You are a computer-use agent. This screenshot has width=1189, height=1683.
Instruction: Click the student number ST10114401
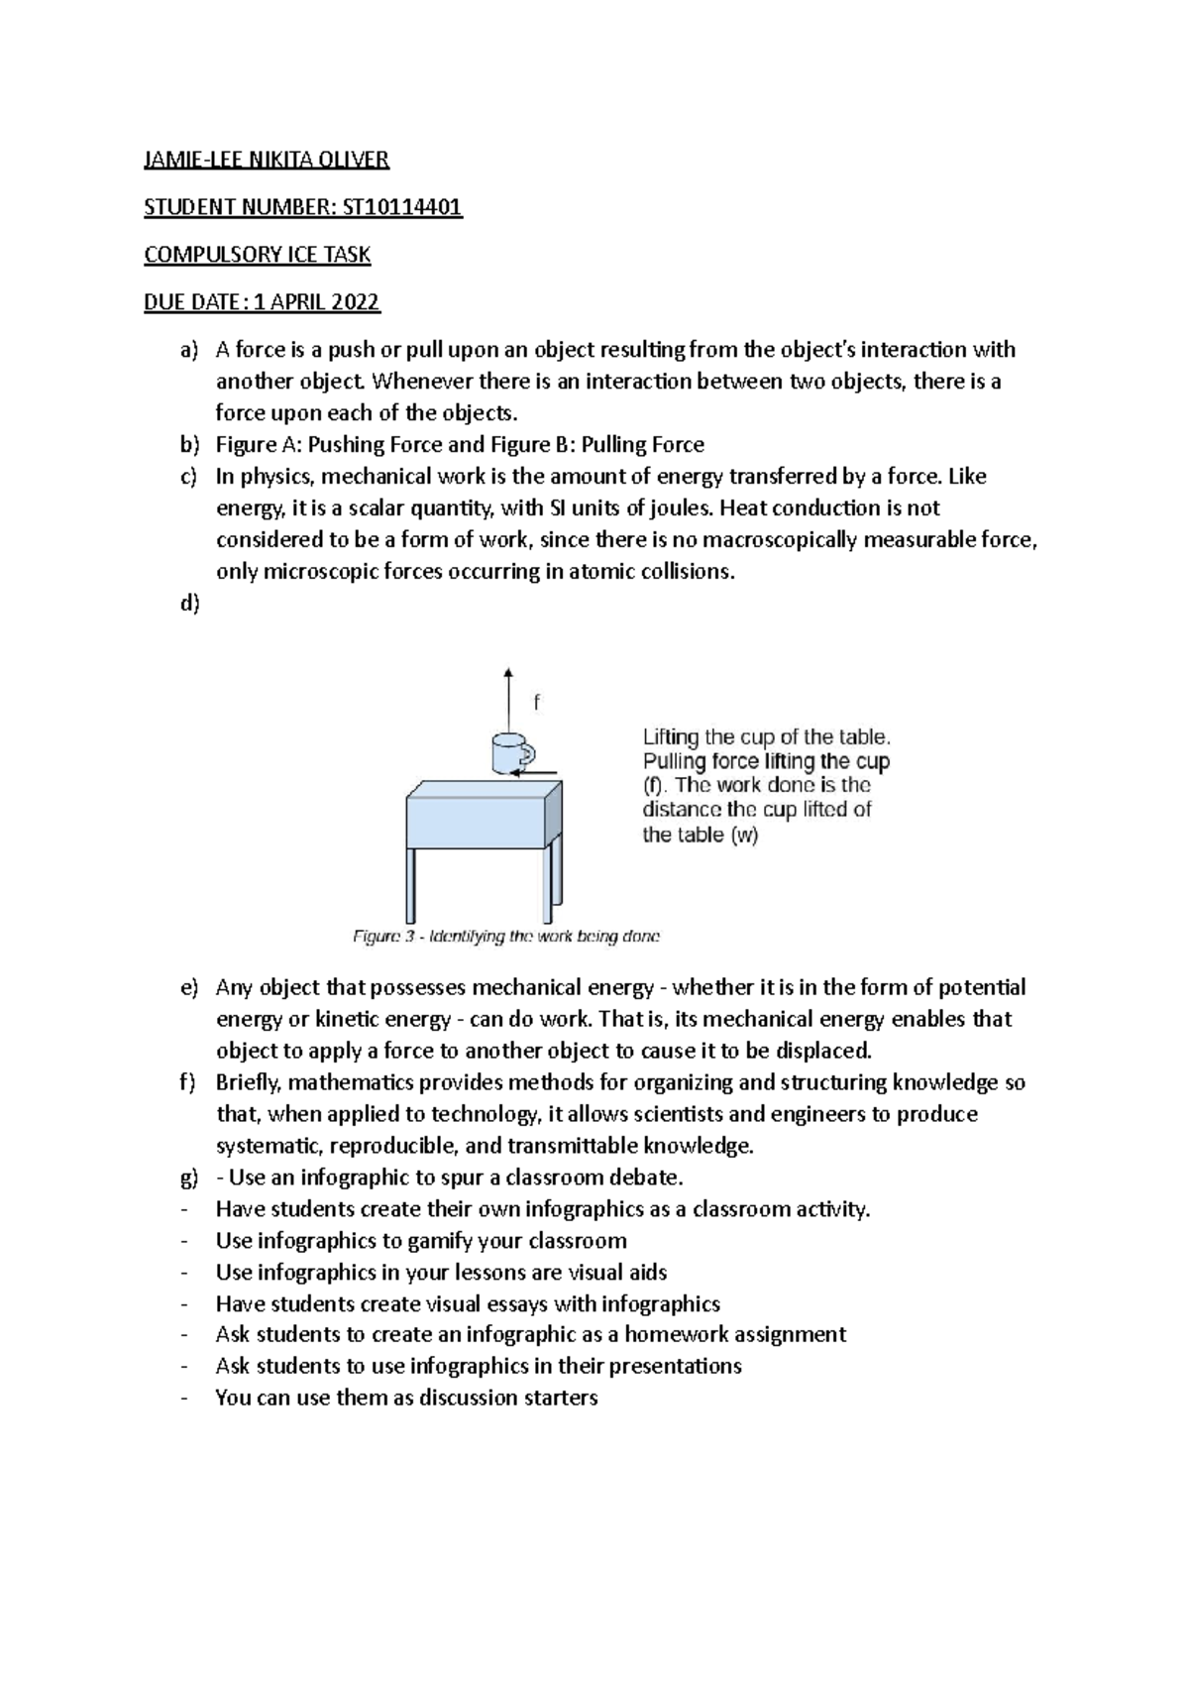(402, 207)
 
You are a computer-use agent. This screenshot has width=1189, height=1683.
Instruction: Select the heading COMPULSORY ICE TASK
(258, 255)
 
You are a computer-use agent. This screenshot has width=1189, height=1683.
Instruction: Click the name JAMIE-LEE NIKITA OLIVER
(267, 160)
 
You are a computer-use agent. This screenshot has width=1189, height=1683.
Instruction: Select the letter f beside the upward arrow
(537, 703)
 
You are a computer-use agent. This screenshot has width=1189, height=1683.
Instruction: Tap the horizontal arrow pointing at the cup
(539, 773)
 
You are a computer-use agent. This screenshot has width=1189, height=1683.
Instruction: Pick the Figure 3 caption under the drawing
(506, 936)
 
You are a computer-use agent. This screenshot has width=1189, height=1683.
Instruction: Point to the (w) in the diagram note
(744, 835)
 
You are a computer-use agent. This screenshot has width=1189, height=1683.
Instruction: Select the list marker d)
(189, 604)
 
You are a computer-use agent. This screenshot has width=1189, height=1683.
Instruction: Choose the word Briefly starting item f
(249, 1082)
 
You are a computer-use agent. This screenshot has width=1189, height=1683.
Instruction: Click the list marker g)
(189, 1178)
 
